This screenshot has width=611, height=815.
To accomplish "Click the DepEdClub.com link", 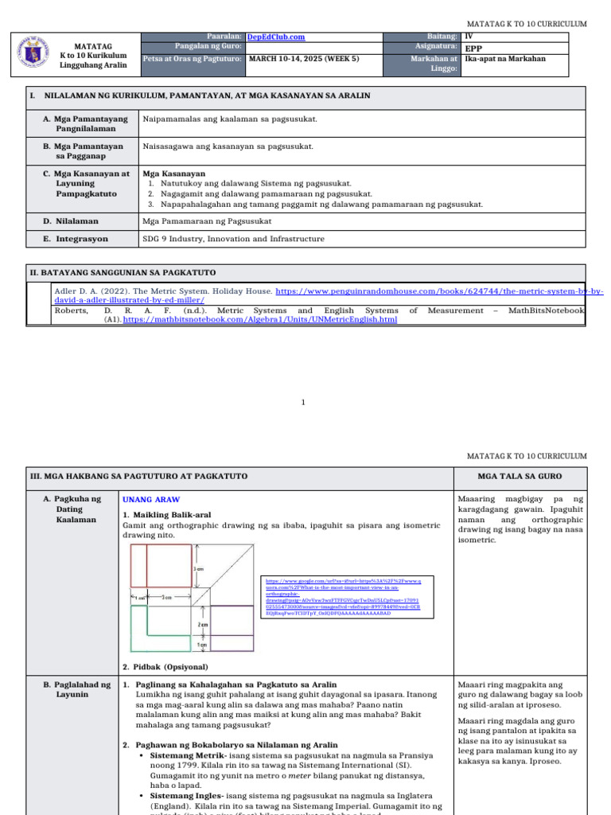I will (276, 37).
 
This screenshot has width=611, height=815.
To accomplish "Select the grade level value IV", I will (468, 37).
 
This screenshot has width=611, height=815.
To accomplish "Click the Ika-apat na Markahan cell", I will (506, 59).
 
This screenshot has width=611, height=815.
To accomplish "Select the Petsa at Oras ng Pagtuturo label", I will (192, 58).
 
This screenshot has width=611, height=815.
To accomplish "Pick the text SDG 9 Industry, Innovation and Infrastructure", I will (233, 239).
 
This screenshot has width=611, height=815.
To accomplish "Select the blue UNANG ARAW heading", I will (151, 499).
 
